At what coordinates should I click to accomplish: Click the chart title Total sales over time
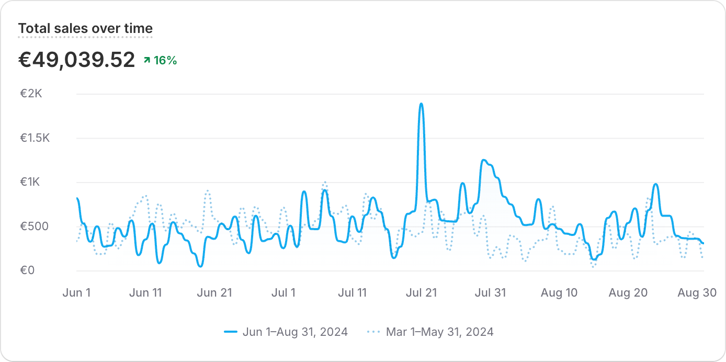coord(85,28)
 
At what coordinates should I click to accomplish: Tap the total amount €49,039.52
coord(77,60)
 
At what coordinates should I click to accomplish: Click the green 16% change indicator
coord(161,61)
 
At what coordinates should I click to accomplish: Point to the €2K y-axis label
coord(34,94)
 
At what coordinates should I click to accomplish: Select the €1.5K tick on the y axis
coord(34,138)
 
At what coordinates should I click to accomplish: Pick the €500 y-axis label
coord(34,227)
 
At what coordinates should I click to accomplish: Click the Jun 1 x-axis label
coord(76,293)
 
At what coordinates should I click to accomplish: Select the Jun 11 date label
coord(145,293)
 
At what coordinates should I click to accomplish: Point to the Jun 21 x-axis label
coord(214,293)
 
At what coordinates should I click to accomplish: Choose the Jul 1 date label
coord(283,293)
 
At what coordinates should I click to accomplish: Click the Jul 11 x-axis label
coord(352,293)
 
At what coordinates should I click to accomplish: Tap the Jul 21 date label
coord(421,293)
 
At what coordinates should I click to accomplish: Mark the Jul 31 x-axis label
coord(490,293)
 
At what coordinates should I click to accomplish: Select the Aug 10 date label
coord(559,293)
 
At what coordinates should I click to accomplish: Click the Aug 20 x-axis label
coord(628,293)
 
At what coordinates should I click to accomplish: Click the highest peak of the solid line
coord(421,104)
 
